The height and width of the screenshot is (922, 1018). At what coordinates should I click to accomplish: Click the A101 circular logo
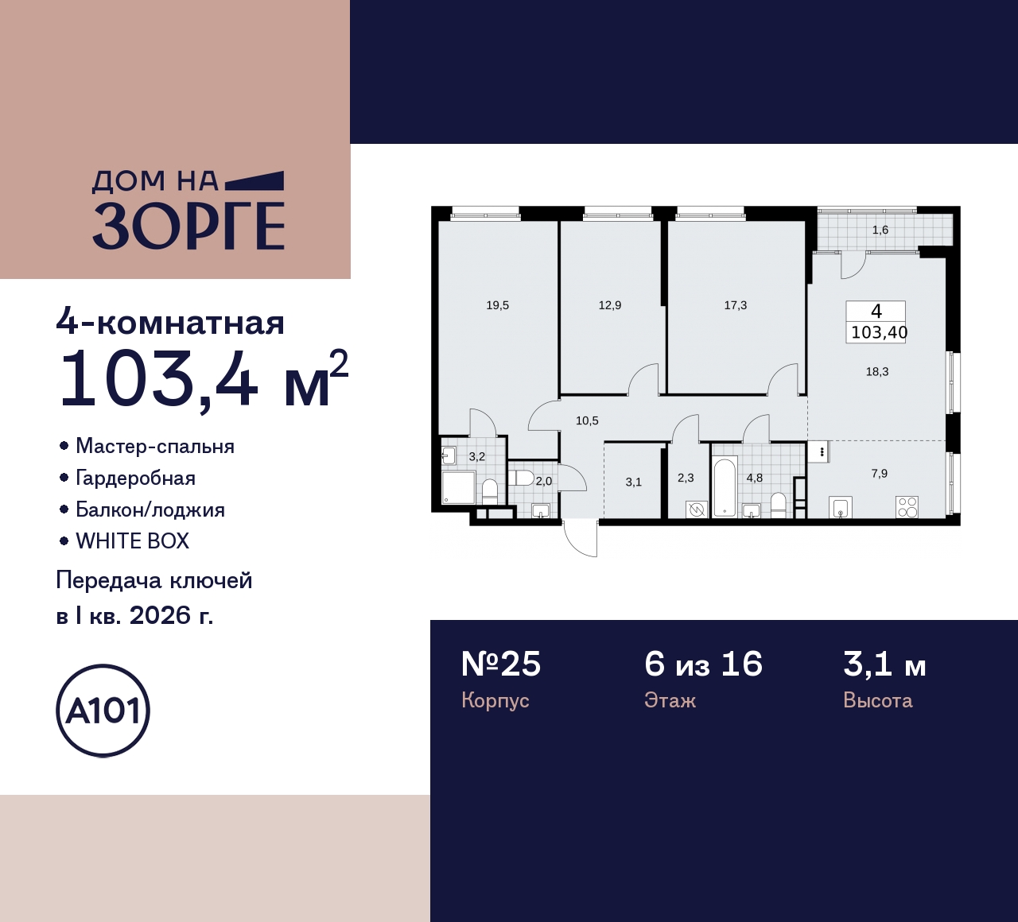(103, 710)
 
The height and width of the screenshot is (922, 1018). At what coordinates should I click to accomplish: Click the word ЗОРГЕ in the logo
(188, 226)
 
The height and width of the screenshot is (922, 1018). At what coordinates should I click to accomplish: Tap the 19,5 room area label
(497, 305)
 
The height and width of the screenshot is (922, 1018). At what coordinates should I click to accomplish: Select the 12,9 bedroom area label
(609, 305)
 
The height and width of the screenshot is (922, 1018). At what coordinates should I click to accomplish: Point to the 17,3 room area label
(735, 305)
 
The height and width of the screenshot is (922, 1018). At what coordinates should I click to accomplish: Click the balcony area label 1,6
(880, 230)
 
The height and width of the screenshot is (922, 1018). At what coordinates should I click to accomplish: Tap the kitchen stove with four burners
(907, 506)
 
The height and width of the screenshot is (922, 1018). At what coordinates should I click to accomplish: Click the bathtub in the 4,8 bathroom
(724, 486)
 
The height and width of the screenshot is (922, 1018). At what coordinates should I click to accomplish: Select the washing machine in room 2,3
(697, 509)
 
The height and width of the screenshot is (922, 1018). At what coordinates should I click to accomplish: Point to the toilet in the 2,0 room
(522, 478)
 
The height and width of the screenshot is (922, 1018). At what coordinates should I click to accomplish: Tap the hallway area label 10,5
(587, 421)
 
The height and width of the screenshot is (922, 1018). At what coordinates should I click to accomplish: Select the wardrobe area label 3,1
(633, 482)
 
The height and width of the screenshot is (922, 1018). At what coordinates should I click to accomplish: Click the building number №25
(501, 664)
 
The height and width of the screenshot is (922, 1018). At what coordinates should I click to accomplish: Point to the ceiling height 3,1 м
(884, 664)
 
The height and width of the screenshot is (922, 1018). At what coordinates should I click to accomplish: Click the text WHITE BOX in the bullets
(132, 541)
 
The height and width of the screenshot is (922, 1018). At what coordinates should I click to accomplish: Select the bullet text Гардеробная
(135, 478)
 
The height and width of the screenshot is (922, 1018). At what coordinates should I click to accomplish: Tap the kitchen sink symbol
(841, 507)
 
